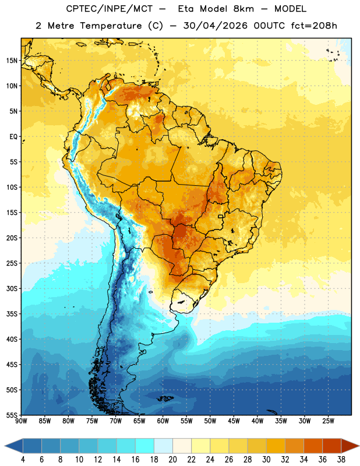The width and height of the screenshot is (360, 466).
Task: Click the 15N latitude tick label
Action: click(12, 61)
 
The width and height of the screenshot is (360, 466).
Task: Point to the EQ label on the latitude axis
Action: click(13, 137)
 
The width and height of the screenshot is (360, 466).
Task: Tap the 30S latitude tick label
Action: click(12, 288)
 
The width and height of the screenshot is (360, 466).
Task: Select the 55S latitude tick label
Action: click(12, 415)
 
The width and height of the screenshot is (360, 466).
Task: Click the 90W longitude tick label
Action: click(21, 421)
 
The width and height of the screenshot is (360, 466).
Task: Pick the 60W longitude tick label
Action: click(163, 421)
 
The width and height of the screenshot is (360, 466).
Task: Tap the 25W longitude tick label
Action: click(328, 421)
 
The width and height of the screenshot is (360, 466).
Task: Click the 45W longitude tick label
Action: click(234, 421)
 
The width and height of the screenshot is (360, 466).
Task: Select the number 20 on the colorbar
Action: click(172, 460)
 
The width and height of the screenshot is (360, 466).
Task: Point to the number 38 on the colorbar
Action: click(341, 460)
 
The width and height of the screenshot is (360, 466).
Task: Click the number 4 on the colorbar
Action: click(23, 460)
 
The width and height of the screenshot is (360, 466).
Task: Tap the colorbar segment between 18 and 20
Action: click(164, 446)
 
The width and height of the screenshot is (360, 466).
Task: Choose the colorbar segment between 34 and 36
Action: click(313, 446)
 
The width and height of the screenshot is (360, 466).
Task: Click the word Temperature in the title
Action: click(111, 26)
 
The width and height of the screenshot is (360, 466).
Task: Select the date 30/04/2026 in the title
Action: click(215, 26)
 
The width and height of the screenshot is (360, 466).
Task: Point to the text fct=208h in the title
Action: click(314, 26)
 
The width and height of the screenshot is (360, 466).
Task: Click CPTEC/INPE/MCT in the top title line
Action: click(109, 9)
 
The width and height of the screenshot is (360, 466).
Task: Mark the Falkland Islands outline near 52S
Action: click(165, 398)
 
